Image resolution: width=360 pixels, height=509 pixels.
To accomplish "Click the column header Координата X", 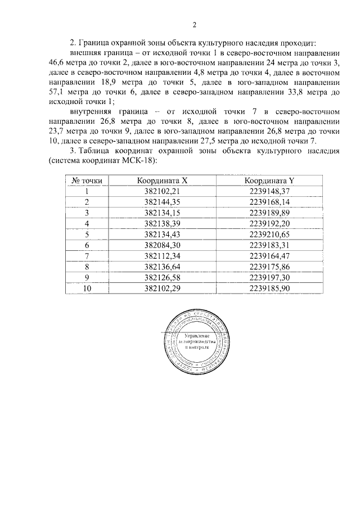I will point(162,181).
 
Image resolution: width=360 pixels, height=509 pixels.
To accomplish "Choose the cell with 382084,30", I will point(162,245).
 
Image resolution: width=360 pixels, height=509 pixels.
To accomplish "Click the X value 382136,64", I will point(162,266).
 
